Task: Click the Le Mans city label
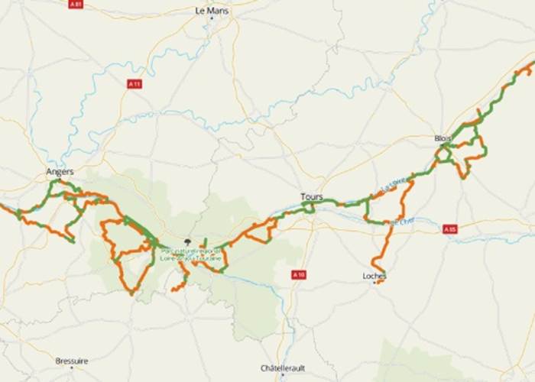point(212,11)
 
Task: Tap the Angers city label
point(60,172)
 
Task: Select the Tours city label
point(311,196)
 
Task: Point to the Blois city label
point(443,138)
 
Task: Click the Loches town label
point(374,276)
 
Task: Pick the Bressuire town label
point(72,361)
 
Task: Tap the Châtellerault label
point(283,367)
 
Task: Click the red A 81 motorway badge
point(75,4)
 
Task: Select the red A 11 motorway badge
point(135,83)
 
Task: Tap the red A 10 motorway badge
point(298,274)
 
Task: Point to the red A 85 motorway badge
point(449,228)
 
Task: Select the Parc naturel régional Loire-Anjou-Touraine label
point(191,255)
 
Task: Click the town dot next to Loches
point(374,283)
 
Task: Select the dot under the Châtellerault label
point(283,375)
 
